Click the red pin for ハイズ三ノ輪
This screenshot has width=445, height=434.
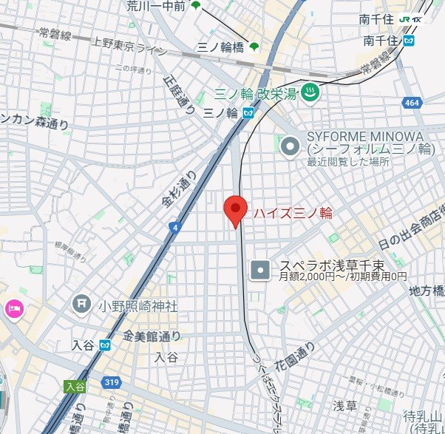pos(236,210)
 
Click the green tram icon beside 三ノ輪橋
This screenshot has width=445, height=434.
pos(254,47)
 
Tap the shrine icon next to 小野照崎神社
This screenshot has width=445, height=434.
pos(81,303)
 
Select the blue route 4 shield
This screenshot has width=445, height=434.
pos(173,228)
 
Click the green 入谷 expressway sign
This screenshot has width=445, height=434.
pos(74,385)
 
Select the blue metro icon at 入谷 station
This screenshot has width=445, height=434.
pos(106,345)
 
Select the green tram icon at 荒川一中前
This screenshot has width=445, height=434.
pos(196,6)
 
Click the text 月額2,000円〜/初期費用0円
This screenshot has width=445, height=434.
pos(343,277)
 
